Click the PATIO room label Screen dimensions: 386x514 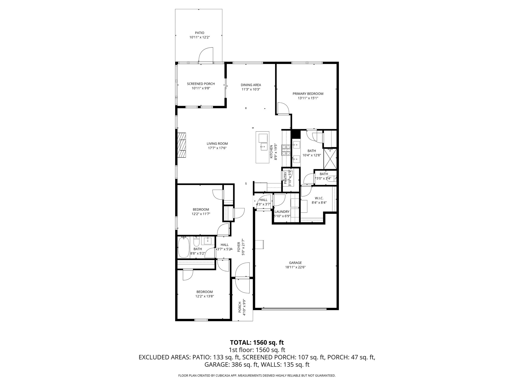pos(200,33)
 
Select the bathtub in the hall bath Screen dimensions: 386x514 pos(183,248)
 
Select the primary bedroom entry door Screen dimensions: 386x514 pos(283,109)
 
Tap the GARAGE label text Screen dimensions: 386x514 pos(297,263)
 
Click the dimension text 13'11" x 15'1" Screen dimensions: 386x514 pos(308,98)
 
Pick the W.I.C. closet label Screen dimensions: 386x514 pos(319,198)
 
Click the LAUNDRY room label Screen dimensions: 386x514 pos(282,212)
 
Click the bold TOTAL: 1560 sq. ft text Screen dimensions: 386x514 pos(257,342)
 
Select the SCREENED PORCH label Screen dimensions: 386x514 pos(201,84)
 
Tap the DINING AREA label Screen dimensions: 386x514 pos(251,85)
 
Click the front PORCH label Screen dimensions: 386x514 pos(240,307)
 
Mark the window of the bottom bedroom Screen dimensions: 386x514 pos(201,320)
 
